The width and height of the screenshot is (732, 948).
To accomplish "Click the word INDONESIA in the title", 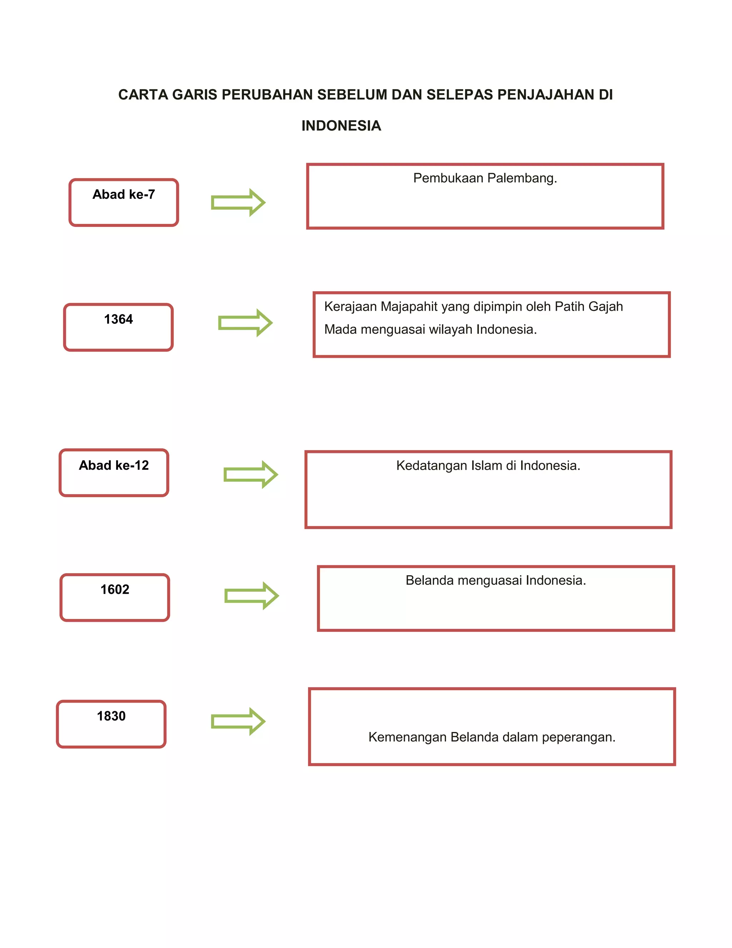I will [341, 126].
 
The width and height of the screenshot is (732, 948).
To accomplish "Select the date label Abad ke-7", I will [124, 195].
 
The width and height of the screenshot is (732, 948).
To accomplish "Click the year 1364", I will [118, 319].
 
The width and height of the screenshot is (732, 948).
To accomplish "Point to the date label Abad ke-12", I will [114, 465].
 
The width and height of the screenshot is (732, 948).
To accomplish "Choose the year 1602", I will [115, 590].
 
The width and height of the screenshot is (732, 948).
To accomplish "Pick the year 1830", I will [111, 716].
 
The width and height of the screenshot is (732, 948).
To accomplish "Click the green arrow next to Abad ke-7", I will [238, 202].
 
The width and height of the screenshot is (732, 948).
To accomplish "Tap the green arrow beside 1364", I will [245, 323].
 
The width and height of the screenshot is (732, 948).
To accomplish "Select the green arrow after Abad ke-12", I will [251, 474].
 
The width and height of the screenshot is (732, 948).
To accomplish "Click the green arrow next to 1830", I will [238, 722].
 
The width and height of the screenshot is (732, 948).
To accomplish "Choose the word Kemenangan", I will [407, 737].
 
